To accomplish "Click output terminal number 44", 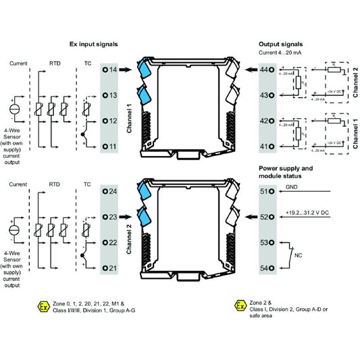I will coord(266,70).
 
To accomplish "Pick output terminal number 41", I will coord(266,146).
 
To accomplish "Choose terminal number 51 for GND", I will coord(266,191).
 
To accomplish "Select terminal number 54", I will coord(266,268).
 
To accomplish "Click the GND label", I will coord(292,186).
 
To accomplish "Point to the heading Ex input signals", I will coord(94,43).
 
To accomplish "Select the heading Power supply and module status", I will coord(287,172).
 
